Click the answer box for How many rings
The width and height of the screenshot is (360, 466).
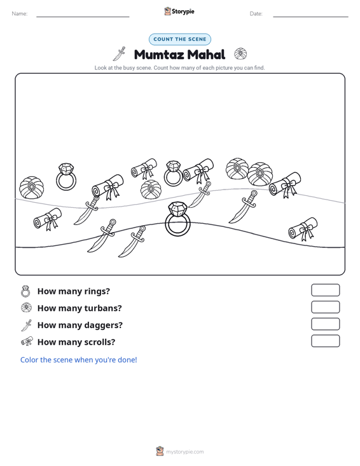[325, 290]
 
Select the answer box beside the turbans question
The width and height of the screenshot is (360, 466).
[325, 307]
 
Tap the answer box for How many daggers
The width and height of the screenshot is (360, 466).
[325, 324]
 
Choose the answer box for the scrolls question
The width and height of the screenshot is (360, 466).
[325, 341]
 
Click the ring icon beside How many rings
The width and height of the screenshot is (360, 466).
[25, 291]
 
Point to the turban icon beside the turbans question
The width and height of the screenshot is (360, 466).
[27, 307]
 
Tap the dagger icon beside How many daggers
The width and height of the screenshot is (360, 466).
[27, 325]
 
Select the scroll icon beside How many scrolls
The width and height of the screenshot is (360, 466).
[27, 341]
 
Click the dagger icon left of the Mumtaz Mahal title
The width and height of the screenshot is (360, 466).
[119, 54]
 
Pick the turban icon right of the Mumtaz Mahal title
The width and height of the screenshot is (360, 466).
[240, 54]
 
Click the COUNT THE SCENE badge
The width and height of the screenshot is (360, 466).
[180, 39]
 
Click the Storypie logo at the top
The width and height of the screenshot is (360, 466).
[179, 11]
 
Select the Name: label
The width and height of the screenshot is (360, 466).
[20, 14]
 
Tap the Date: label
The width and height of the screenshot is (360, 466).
[256, 14]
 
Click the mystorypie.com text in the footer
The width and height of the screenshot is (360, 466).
[185, 452]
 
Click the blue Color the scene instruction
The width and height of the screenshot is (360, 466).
[78, 360]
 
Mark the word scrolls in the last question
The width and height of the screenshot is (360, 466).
[100, 342]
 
